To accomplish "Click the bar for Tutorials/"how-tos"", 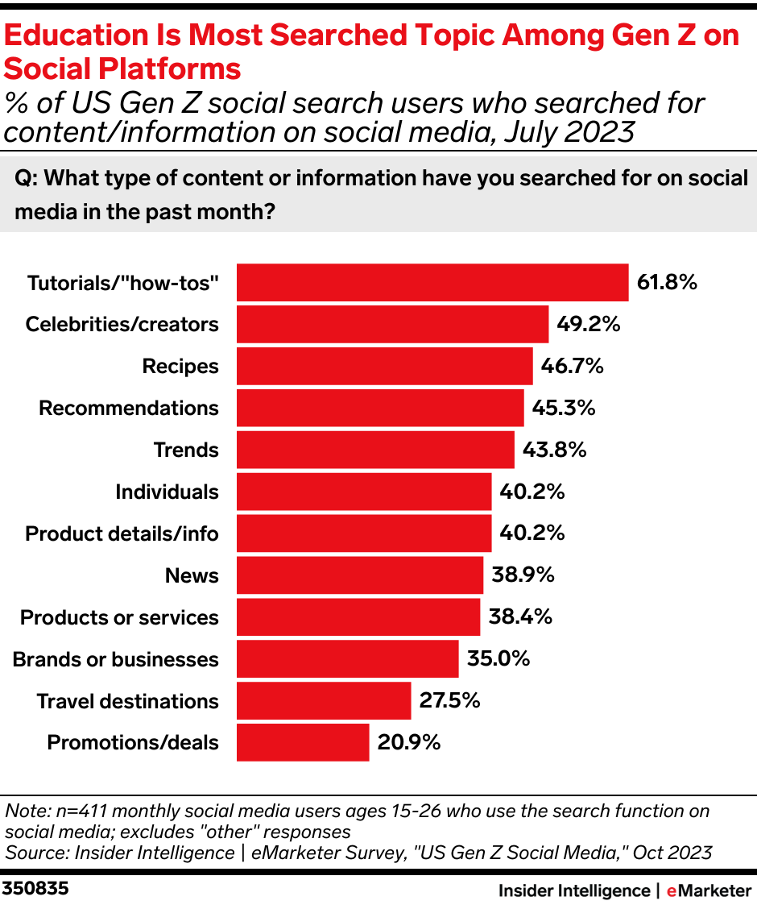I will click(x=432, y=283).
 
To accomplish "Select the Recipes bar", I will click(x=384, y=367).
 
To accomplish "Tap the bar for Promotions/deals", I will click(x=303, y=742).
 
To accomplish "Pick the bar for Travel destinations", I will click(x=324, y=700).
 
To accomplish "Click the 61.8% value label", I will click(x=667, y=283).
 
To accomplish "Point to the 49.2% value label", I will click(x=588, y=325).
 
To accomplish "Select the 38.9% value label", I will click(x=523, y=575).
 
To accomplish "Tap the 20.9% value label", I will click(x=408, y=742).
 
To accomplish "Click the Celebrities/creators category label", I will click(x=122, y=325).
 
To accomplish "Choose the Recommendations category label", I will click(x=129, y=409).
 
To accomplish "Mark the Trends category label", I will click(x=186, y=450).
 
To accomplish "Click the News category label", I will click(x=192, y=575).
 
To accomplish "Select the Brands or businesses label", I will click(x=116, y=659).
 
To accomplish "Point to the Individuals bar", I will click(x=363, y=492).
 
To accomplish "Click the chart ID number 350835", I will click(x=35, y=889).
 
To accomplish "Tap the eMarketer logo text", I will click(x=708, y=890).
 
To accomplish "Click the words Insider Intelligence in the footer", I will click(x=573, y=890).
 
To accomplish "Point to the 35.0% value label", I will click(x=498, y=659).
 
